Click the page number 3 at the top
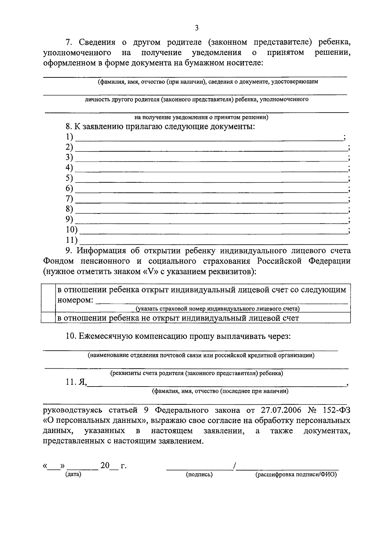[197, 28]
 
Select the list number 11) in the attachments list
[72, 240]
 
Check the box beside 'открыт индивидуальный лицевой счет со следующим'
[48, 297]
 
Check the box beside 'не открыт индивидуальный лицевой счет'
[48, 318]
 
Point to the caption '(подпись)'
[199, 474]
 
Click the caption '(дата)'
[73, 474]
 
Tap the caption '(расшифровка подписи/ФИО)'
[296, 474]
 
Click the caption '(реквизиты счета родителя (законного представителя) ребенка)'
[196, 373]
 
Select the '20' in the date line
[105, 465]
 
